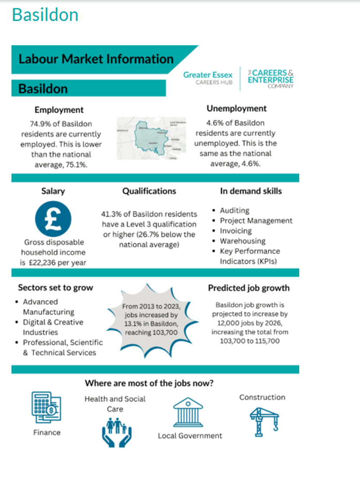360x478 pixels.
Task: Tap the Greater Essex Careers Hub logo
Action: pyautogui.click(x=207, y=78)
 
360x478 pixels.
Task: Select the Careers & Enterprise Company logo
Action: pyautogui.click(x=271, y=78)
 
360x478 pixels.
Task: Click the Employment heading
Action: pyautogui.click(x=59, y=110)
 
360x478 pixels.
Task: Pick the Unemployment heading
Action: pyautogui.click(x=236, y=108)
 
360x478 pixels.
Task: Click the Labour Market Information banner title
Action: pyautogui.click(x=96, y=59)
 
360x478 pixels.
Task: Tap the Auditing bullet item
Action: pyautogui.click(x=235, y=210)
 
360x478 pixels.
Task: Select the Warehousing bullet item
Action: pyautogui.click(x=242, y=241)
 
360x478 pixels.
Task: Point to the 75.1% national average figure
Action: pyautogui.click(x=77, y=164)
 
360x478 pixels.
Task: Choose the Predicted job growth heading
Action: pyautogui.click(x=248, y=288)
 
